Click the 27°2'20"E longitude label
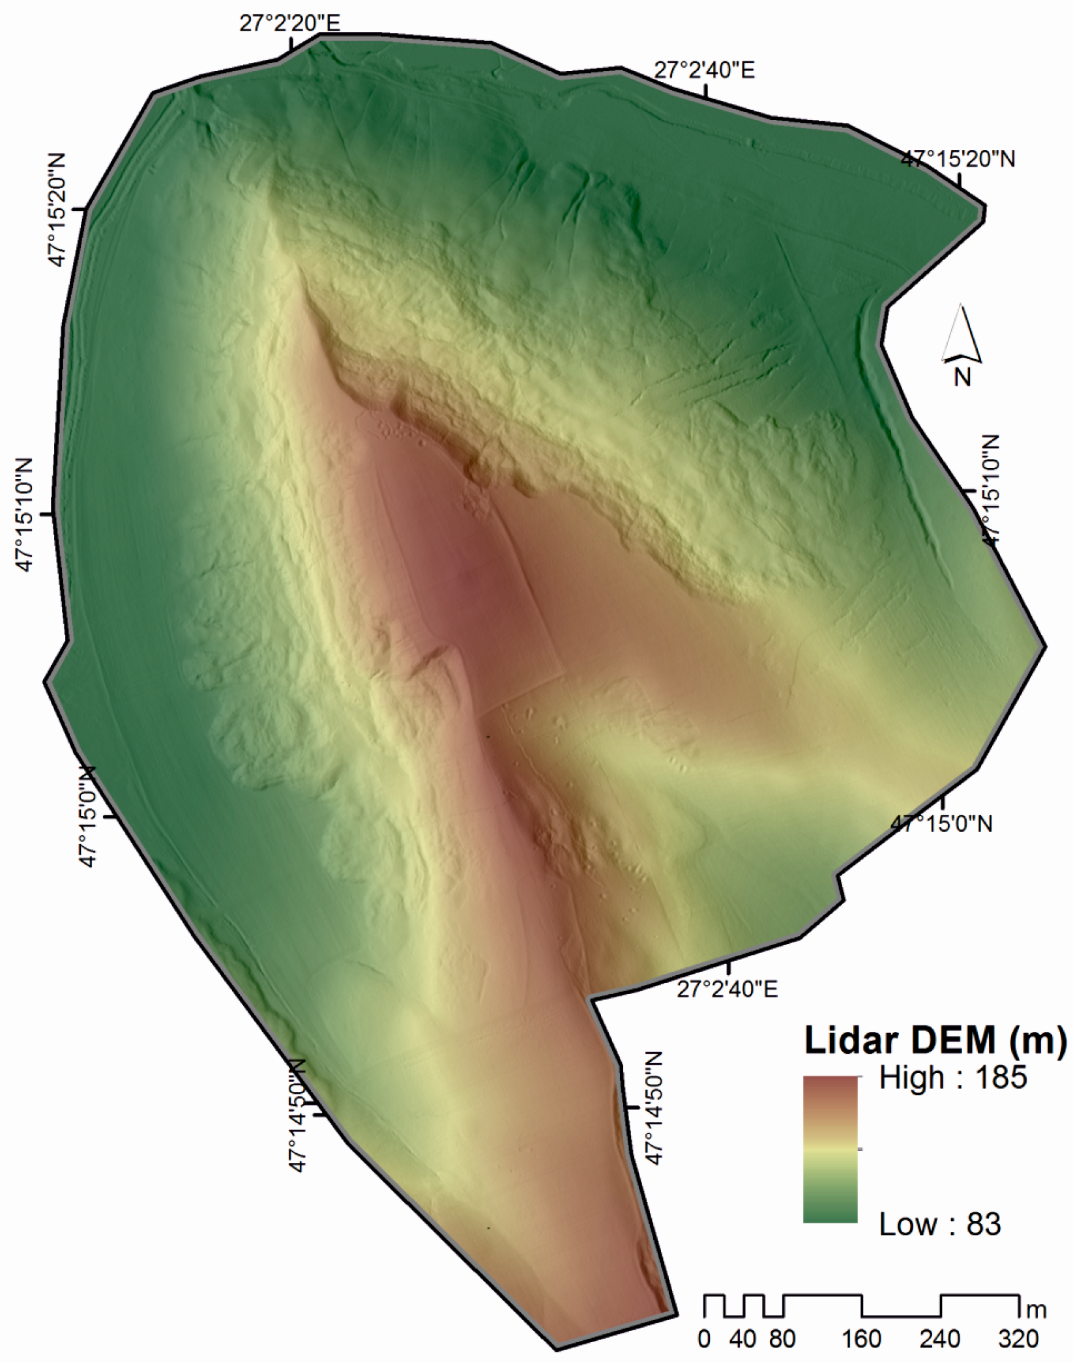[x=290, y=24]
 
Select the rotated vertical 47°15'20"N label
[x=57, y=210]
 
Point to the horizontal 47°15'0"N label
[x=941, y=825]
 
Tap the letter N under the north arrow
[x=962, y=377]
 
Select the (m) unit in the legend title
[x=1036, y=1041]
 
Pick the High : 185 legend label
[x=953, y=1078]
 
